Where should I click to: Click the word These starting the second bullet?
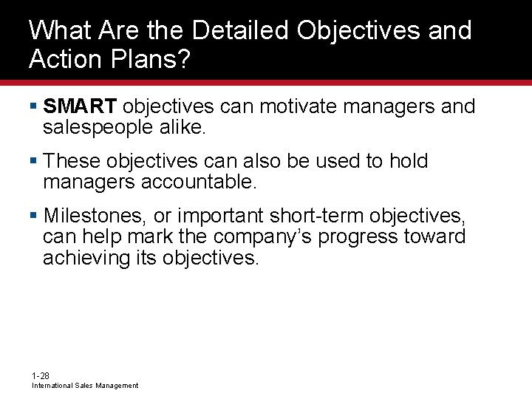pyautogui.click(x=72, y=161)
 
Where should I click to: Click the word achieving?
pyautogui.click(x=83, y=257)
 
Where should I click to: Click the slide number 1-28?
pyautogui.click(x=41, y=376)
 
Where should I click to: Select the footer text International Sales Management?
pyautogui.click(x=84, y=386)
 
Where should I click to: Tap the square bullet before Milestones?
pyautogui.click(x=33, y=216)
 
